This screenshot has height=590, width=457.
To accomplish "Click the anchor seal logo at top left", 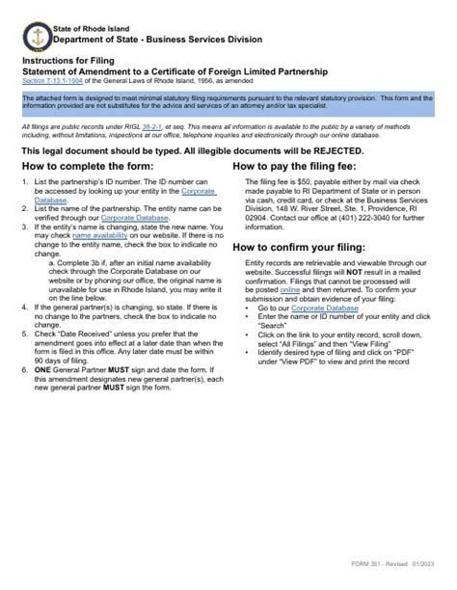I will (x=35, y=36).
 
